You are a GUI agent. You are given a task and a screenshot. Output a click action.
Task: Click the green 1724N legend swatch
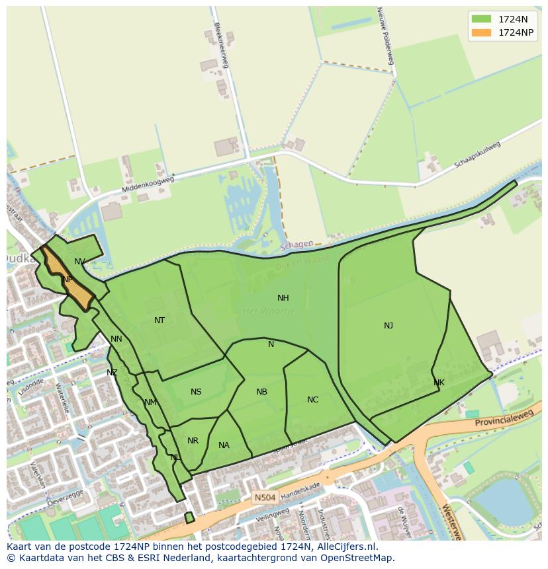pyautogui.click(x=481, y=19)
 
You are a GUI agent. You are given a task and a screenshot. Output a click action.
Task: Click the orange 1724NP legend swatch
pyautogui.click(x=481, y=32)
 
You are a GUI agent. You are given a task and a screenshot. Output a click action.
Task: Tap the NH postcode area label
pyautogui.click(x=283, y=298)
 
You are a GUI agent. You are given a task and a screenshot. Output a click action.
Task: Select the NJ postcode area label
pyautogui.click(x=388, y=326)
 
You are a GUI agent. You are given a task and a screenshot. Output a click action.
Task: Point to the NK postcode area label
pyautogui.click(x=439, y=383)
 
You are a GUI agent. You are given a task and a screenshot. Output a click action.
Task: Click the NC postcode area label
pyautogui.click(x=312, y=400)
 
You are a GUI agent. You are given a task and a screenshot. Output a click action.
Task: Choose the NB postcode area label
pyautogui.click(x=261, y=392)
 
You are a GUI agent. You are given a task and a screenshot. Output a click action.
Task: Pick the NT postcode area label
pyautogui.click(x=159, y=321)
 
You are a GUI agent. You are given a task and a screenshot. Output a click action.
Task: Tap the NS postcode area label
pyautogui.click(x=196, y=392)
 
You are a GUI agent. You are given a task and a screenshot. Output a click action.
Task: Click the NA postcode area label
pyautogui.click(x=224, y=445)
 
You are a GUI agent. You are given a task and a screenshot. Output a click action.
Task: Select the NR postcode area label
pyautogui.click(x=193, y=441)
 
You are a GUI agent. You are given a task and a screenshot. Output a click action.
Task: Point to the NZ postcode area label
pyautogui.click(x=112, y=373)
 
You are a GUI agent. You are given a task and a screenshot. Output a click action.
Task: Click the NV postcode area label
pyautogui.click(x=79, y=262)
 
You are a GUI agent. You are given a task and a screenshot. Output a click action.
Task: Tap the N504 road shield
pyautogui.click(x=263, y=496)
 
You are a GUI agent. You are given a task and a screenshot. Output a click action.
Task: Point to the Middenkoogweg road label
pyautogui.click(x=148, y=185)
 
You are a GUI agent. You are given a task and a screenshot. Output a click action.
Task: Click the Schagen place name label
pyautogui.click(x=296, y=245)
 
